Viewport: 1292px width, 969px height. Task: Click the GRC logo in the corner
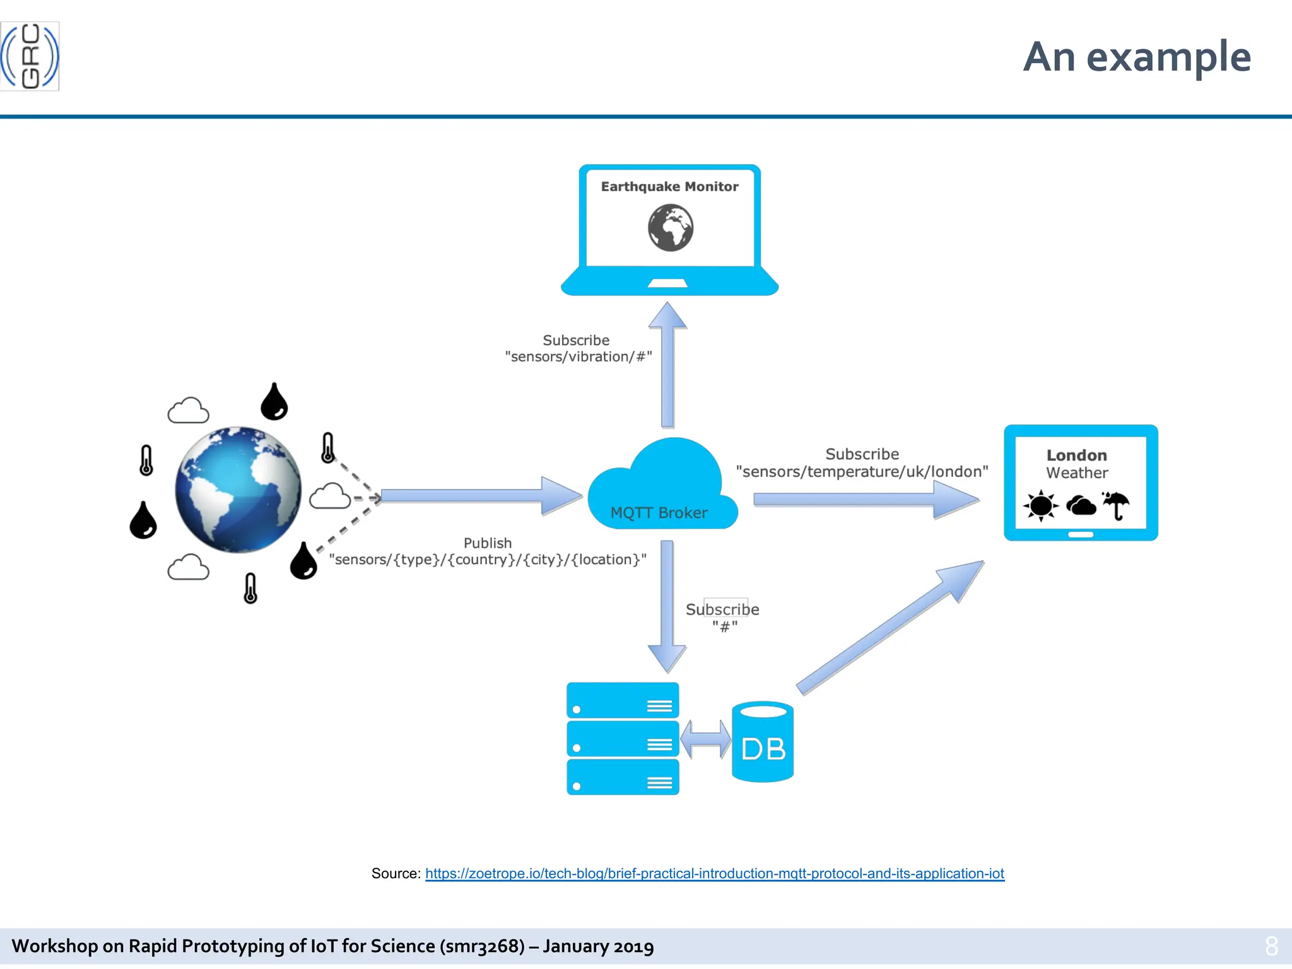(30, 56)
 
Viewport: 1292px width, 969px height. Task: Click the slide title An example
(1136, 57)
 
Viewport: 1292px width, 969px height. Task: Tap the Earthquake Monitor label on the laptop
(669, 187)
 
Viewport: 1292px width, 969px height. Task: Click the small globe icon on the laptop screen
(671, 228)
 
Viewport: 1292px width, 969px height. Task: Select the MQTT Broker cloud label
(659, 513)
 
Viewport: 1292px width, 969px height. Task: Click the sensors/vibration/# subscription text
(578, 357)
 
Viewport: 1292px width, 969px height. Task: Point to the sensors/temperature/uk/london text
(862, 472)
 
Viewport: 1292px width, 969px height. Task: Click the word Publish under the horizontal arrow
(488, 543)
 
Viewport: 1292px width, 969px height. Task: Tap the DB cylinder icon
(763, 743)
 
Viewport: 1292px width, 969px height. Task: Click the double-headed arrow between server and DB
(705, 739)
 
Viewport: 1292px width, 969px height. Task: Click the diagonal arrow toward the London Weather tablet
(890, 628)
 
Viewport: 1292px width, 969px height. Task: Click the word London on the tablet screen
(1076, 455)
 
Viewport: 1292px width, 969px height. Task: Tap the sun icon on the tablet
(1040, 506)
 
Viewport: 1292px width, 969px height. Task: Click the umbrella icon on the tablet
(1116, 505)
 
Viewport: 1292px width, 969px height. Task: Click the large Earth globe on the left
(238, 490)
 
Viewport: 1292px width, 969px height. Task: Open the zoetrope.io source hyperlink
(714, 874)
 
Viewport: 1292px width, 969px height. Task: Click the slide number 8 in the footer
(1271, 946)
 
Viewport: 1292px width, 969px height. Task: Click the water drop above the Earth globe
(274, 402)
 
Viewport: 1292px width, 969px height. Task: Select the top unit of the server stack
(623, 700)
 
